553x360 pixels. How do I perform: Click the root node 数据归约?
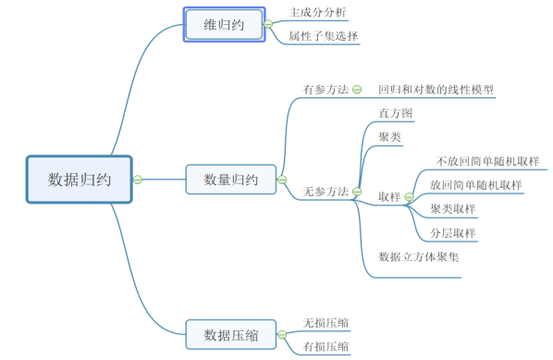80,180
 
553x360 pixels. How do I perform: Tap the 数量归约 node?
230,180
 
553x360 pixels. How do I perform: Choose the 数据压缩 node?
230,333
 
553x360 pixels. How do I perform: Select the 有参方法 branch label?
326,90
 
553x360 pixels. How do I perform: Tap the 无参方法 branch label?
326,192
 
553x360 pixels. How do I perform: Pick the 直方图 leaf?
395,114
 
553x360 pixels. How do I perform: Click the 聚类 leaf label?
389,137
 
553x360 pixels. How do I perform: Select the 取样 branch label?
389,197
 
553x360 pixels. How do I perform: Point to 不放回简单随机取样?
487,161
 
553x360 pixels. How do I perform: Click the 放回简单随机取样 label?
476,184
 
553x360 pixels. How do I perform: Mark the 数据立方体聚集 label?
419,256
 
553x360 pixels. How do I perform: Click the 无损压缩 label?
326,323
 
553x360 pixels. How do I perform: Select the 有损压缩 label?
326,347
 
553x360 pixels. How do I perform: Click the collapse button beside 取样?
409,197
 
